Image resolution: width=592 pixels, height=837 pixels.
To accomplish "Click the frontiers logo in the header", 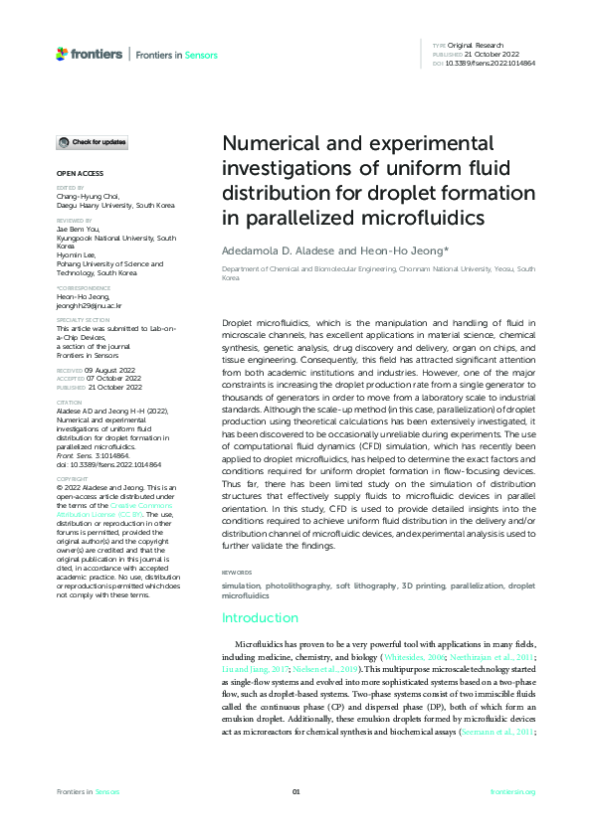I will click(x=90, y=54).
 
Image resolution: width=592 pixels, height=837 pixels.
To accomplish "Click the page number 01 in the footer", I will click(x=296, y=791).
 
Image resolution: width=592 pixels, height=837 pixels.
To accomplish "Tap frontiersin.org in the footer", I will click(x=513, y=791).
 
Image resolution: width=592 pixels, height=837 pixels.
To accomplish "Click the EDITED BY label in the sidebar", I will click(x=71, y=187).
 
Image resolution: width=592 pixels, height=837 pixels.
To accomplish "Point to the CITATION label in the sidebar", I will click(x=70, y=401).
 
